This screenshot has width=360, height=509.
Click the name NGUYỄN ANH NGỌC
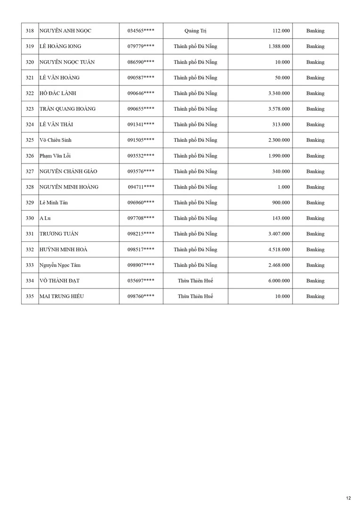click(65, 31)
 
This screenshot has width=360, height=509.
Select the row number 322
click(30, 93)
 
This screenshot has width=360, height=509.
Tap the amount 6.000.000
click(279, 281)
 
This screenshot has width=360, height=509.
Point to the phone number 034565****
click(141, 31)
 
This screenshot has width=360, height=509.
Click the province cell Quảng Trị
click(196, 31)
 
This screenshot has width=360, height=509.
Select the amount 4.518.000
click(279, 250)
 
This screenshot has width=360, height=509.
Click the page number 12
click(348, 498)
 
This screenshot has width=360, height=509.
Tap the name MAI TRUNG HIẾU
click(64, 296)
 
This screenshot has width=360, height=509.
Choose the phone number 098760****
click(141, 296)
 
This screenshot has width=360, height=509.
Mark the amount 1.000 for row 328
click(284, 187)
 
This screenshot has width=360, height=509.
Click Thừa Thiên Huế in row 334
click(196, 281)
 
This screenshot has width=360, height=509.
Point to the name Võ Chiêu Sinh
click(56, 140)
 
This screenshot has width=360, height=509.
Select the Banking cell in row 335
click(315, 296)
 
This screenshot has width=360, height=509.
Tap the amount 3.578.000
click(279, 109)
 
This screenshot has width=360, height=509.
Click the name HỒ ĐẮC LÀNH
click(58, 93)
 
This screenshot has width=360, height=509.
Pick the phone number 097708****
click(141, 218)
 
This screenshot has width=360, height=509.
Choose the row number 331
click(30, 234)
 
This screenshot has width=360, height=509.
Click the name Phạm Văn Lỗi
click(55, 156)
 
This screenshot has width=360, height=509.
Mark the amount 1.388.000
click(279, 47)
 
